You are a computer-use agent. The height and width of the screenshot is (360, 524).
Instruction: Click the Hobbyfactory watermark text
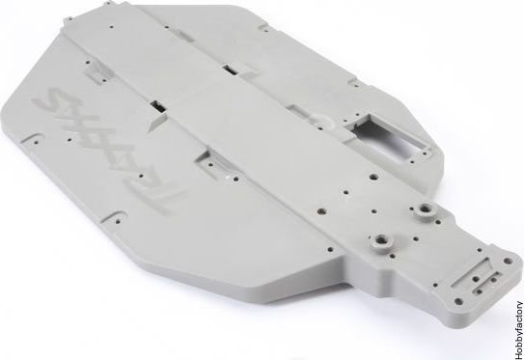point(518,330)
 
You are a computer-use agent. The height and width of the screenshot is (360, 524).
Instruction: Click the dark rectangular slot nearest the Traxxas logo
point(157,106)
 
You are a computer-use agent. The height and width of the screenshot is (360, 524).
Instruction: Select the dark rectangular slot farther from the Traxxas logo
point(230,69)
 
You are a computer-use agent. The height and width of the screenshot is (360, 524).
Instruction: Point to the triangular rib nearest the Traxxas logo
point(157,121)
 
